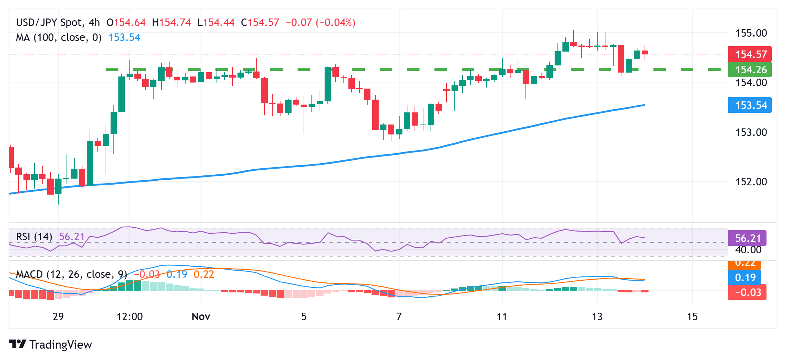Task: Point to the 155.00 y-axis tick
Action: [751, 33]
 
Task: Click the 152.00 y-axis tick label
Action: [751, 182]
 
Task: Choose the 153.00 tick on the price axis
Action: [751, 132]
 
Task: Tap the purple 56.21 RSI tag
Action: [747, 238]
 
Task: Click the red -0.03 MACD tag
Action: [747, 292]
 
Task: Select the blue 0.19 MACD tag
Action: [745, 277]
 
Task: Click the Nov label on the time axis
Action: [201, 317]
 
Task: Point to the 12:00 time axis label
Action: [130, 317]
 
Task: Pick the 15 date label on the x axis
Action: [692, 317]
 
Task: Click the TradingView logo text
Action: [60, 345]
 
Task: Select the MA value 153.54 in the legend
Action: [124, 37]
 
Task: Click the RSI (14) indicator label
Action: [34, 237]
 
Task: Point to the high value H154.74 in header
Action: [171, 22]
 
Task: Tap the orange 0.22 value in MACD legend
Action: [204, 274]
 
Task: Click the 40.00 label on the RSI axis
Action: [748, 250]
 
